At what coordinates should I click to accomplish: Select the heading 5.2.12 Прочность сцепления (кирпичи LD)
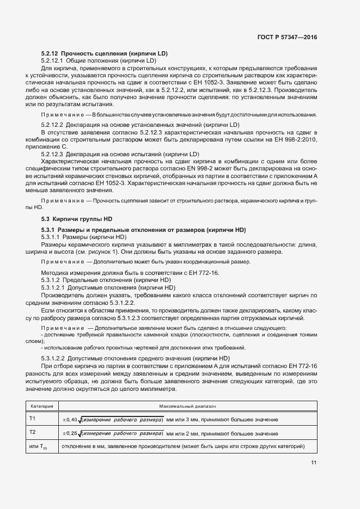click(x=104, y=53)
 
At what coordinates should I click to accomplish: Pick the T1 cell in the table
click(x=33, y=418)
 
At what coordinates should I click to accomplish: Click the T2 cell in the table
click(x=33, y=432)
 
